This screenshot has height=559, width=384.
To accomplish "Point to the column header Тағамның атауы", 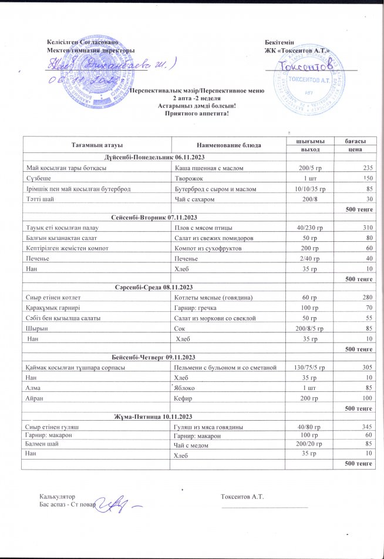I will [96, 144].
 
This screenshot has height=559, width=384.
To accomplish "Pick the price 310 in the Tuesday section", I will [368, 228].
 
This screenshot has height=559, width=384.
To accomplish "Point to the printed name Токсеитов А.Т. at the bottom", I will [242, 497].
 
